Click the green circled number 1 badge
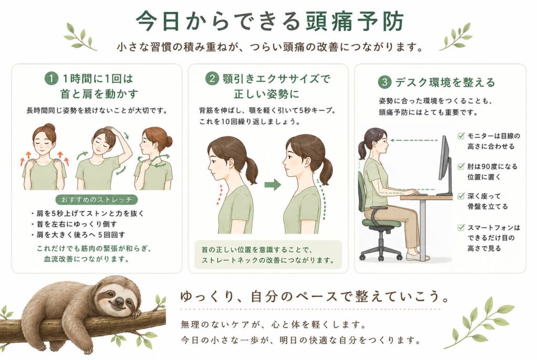click(x=51, y=79)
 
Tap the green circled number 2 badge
click(x=212, y=79)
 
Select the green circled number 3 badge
click(x=384, y=82)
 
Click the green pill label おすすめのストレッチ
click(x=96, y=199)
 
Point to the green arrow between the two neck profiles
click(x=273, y=185)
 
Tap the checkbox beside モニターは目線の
click(x=461, y=136)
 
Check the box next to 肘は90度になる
click(x=461, y=166)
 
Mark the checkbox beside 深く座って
click(x=461, y=196)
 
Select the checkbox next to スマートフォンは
click(x=461, y=227)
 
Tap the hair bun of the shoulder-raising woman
click(x=49, y=127)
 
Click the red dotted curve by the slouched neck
click(x=219, y=195)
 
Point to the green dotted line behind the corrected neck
click(x=322, y=199)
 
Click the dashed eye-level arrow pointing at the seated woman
click(x=414, y=140)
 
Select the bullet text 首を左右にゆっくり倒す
click(x=77, y=224)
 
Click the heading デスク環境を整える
click(x=445, y=82)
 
